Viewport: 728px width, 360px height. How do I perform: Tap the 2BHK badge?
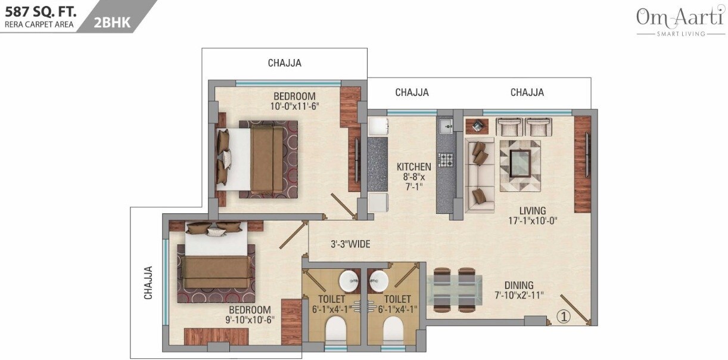tap(111, 23)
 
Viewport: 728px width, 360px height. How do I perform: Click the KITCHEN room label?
tap(413, 167)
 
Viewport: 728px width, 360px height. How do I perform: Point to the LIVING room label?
tap(532, 210)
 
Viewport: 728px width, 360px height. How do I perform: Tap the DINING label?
tap(518, 285)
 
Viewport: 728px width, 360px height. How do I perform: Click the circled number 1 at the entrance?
tap(564, 317)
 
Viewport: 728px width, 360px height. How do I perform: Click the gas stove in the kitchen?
tap(446, 159)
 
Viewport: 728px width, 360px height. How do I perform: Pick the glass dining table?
tap(458, 290)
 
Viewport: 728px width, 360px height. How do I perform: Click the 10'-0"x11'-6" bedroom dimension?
tap(294, 107)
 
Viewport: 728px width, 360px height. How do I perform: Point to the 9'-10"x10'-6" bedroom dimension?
tap(250, 320)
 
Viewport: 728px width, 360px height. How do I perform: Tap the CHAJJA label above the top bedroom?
tap(284, 63)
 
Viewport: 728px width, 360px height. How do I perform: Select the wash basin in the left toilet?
tap(349, 280)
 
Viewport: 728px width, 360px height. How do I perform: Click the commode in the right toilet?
tap(393, 328)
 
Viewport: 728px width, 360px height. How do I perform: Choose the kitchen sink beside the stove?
tap(445, 126)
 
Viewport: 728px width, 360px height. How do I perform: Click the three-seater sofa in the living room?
tap(479, 175)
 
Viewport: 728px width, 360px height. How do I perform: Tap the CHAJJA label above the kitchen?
tap(412, 92)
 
